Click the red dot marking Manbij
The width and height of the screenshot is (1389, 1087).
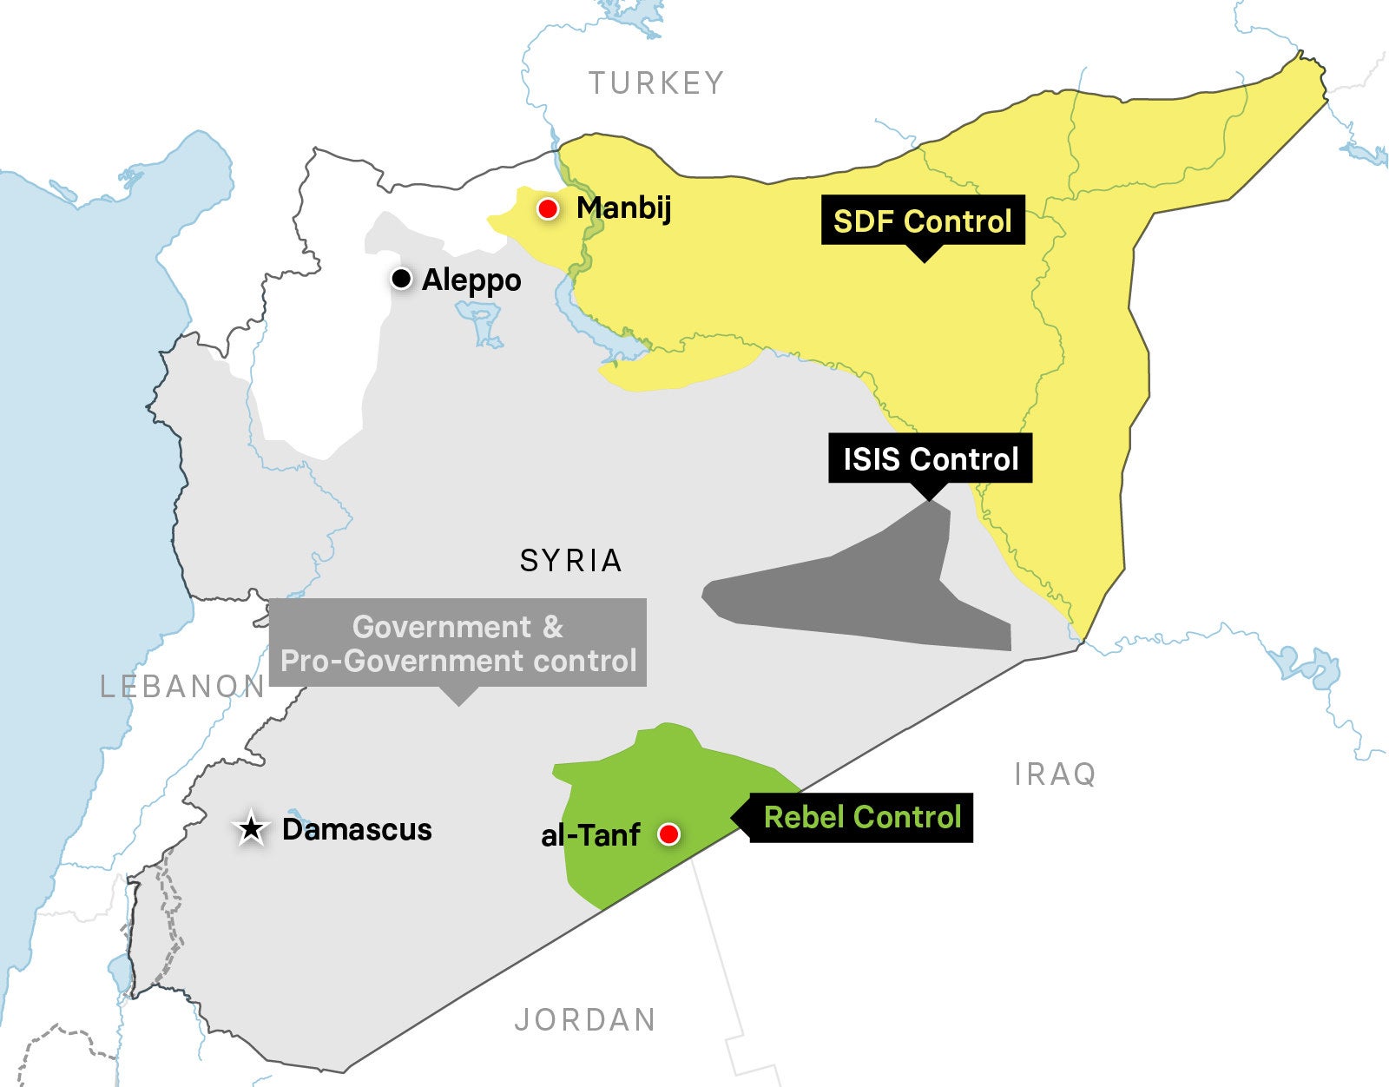[x=547, y=208]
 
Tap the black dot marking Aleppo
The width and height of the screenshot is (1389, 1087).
[x=401, y=279]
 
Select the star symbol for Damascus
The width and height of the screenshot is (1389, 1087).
[x=252, y=829]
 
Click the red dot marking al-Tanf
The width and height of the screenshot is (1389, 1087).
[x=668, y=834]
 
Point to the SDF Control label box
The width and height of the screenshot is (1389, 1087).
[x=922, y=221]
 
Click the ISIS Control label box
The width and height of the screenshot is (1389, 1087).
[x=930, y=458]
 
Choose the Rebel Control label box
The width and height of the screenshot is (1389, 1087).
[x=861, y=817]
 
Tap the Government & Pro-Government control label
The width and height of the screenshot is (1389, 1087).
[x=458, y=643]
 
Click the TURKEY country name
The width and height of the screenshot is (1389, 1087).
[x=655, y=83]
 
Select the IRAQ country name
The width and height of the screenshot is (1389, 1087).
[x=1055, y=774]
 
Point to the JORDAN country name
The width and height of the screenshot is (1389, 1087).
[x=585, y=1019]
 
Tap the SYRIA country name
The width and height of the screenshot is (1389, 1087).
[x=570, y=561]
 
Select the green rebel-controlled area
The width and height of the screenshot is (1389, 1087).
[x=642, y=781]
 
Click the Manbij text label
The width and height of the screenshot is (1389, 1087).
[x=623, y=208]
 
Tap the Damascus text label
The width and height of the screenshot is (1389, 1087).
[x=357, y=829]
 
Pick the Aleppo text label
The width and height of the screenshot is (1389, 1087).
[x=471, y=280]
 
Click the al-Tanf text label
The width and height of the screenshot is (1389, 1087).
[x=590, y=835]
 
